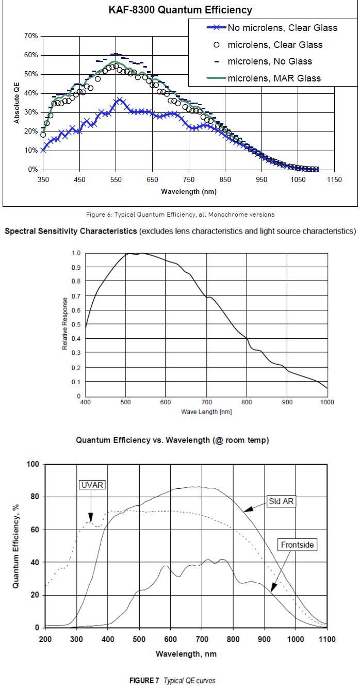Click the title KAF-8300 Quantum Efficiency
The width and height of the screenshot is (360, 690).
point(179,10)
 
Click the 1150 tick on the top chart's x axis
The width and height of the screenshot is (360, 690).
point(334,179)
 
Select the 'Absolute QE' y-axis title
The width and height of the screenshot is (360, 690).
point(17,102)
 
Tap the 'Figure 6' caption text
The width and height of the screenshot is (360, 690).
point(179,213)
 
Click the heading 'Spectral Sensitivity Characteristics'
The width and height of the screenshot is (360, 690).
point(71,231)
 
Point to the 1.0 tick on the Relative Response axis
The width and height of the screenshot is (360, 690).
point(76,253)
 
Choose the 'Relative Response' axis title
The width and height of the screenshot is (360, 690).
point(66,324)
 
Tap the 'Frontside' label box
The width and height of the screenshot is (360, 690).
point(297,544)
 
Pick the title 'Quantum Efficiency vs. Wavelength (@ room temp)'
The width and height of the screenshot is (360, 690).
point(173,440)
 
